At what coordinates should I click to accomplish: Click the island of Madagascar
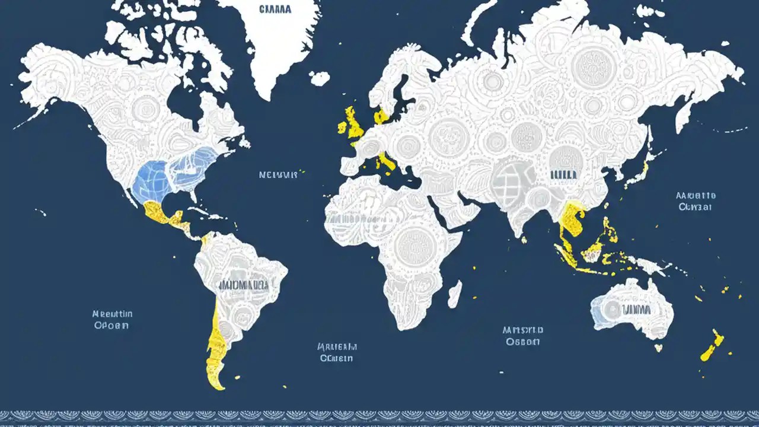click(x=454, y=294)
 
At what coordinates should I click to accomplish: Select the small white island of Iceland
click(x=320, y=78)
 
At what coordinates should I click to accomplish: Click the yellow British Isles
click(x=354, y=124)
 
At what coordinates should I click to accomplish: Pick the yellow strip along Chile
click(x=215, y=344)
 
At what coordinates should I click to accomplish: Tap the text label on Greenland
click(x=275, y=9)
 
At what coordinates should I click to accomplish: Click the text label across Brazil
click(x=244, y=285)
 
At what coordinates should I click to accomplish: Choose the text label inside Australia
click(x=635, y=310)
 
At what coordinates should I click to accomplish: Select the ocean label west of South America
click(x=113, y=320)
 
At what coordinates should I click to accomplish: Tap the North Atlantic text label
click(x=278, y=175)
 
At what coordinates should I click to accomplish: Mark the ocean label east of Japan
click(x=696, y=201)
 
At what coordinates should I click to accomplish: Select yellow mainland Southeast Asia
click(x=572, y=222)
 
